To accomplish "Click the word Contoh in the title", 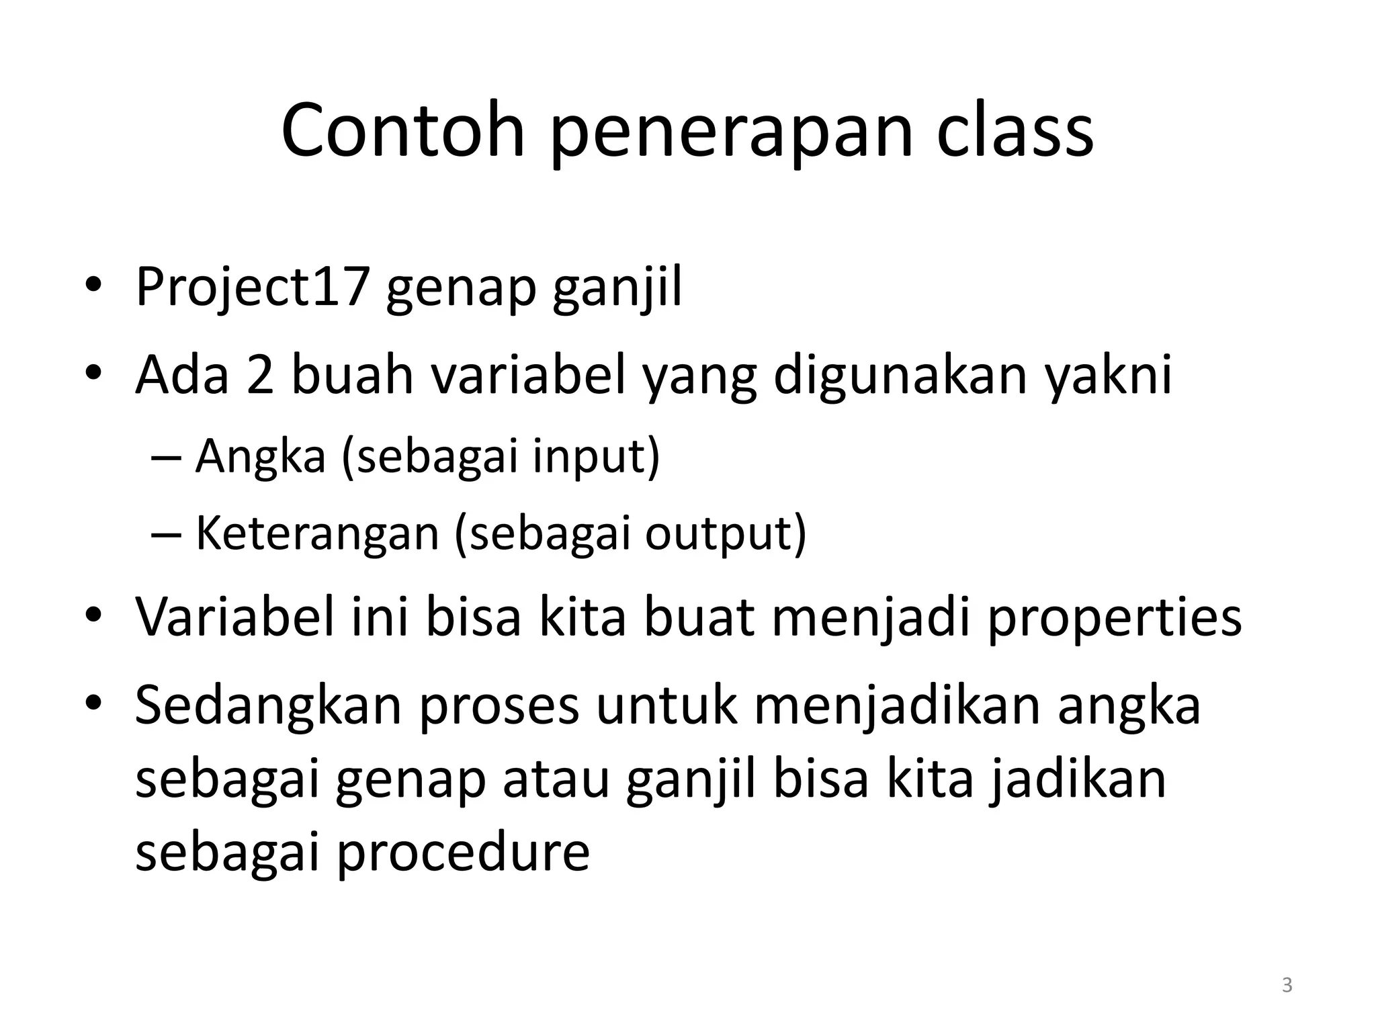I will pos(402,131).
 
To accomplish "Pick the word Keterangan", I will pos(316,535).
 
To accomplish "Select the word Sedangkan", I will pos(267,707).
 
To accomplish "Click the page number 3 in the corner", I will pos(1287,985).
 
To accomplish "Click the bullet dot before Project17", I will pos(93,286).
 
